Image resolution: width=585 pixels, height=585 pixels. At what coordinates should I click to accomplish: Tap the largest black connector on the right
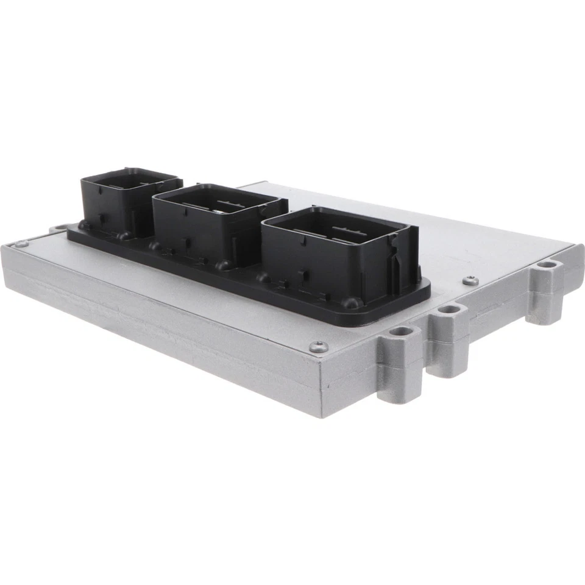pos(335,256)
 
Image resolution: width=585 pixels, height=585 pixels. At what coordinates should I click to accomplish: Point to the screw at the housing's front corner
pos(319,347)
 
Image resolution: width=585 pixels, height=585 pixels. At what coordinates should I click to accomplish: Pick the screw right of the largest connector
pos(470,280)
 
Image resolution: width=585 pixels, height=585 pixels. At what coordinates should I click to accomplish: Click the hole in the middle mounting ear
pos(449,309)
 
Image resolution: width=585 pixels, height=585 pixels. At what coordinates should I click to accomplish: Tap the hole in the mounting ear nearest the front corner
pos(402,331)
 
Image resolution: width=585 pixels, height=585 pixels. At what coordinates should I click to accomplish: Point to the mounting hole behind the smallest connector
pos(58,229)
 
